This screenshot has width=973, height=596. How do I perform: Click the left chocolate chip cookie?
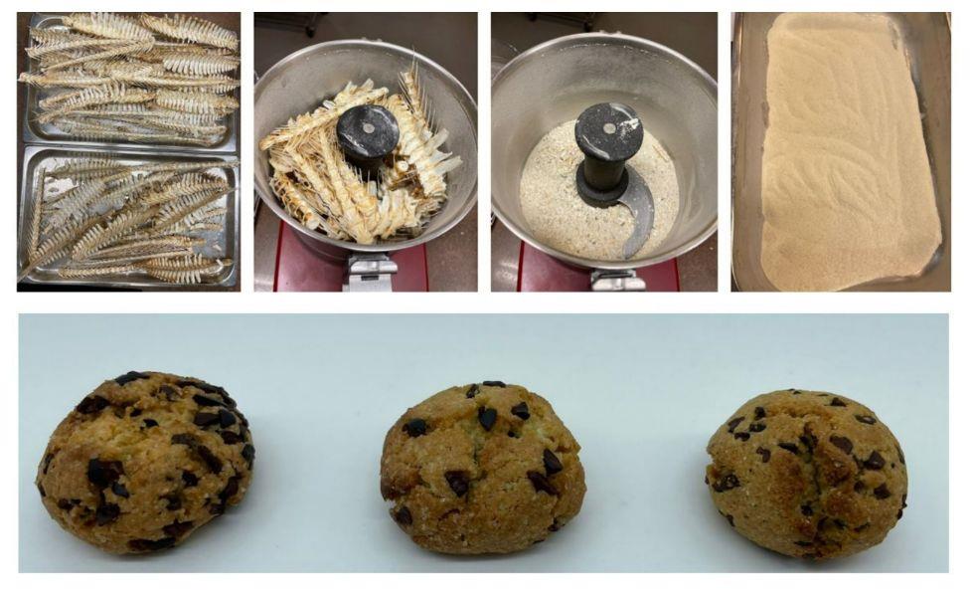pos(144,462)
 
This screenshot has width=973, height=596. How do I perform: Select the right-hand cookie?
pos(806,460)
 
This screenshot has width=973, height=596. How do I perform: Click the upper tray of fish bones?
pos(129,80)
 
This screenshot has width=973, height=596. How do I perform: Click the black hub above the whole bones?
pos(367,129)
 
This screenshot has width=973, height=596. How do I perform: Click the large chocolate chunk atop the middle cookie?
pos(487,418)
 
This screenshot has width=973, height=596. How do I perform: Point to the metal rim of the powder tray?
pos(745,149)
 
